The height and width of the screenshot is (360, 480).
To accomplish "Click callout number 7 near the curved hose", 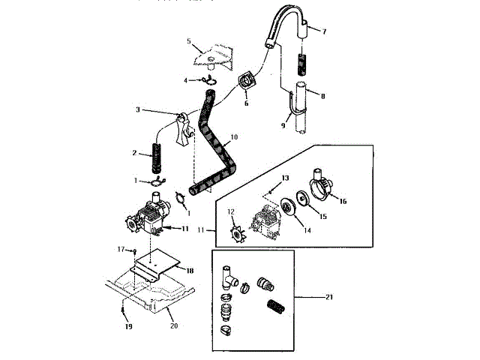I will click(324, 31).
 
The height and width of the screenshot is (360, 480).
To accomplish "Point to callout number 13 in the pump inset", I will click(285, 178).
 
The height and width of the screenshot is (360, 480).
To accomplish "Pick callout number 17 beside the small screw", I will click(120, 249).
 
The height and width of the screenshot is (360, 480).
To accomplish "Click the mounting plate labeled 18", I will click(157, 259).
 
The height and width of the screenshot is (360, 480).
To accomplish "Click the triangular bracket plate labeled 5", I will click(211, 53).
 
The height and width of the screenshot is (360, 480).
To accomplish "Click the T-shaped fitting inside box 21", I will click(231, 279).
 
